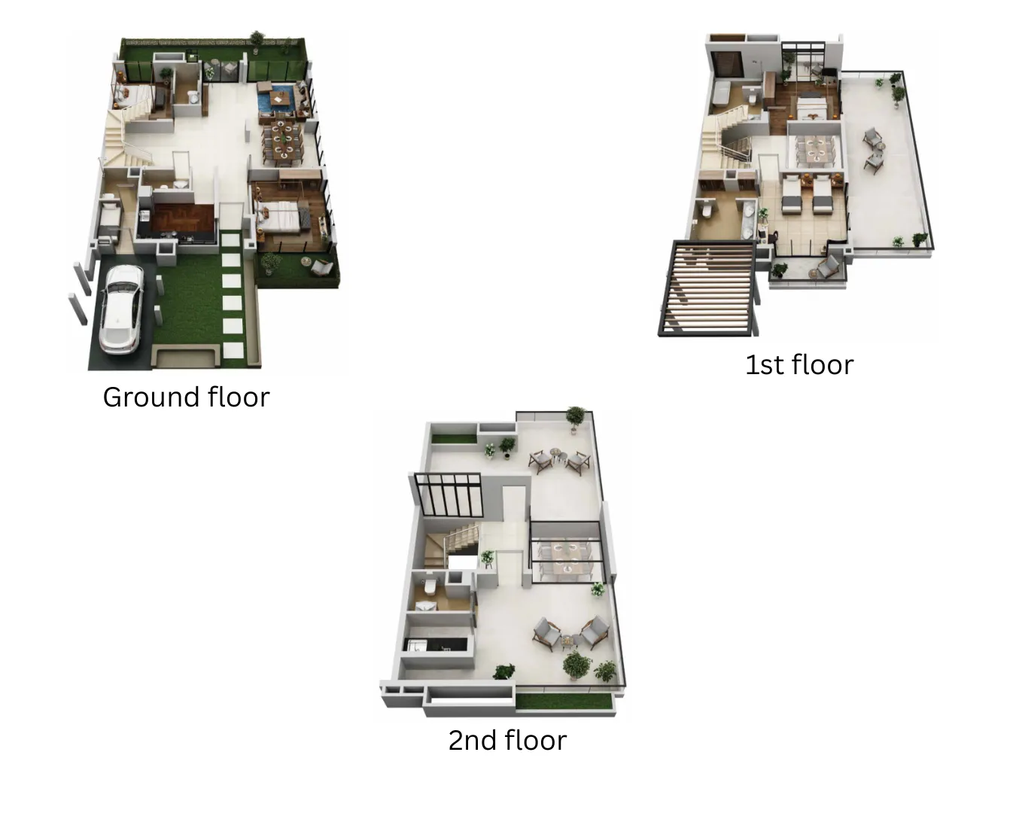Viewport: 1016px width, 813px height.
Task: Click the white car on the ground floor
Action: (121, 309)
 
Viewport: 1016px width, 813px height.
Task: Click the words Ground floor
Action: (187, 397)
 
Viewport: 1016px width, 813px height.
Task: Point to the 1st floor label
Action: (799, 365)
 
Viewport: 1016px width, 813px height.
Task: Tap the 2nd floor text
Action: (507, 740)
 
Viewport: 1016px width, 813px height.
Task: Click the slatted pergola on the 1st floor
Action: (708, 288)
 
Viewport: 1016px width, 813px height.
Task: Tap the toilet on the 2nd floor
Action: (430, 586)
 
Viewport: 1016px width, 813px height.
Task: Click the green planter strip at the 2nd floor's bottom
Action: (564, 701)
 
